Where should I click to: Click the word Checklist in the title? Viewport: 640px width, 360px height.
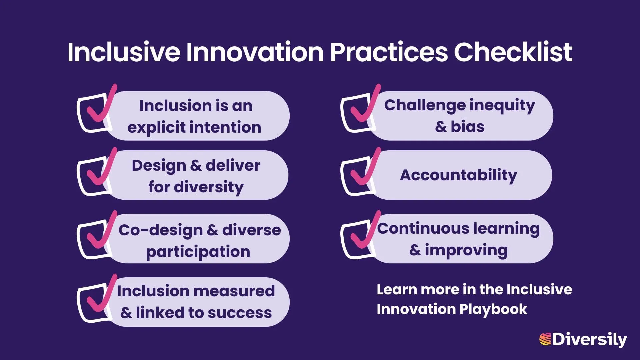(x=513, y=52)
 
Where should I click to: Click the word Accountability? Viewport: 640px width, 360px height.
(x=458, y=175)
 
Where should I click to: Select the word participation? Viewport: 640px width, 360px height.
(x=198, y=252)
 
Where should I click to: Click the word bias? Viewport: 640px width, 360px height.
(x=467, y=127)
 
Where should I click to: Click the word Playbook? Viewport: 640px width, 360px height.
(x=493, y=309)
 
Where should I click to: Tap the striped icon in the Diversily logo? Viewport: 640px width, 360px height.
(x=545, y=339)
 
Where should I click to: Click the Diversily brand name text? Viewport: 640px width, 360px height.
(x=589, y=339)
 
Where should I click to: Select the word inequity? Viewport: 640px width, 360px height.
(x=502, y=105)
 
